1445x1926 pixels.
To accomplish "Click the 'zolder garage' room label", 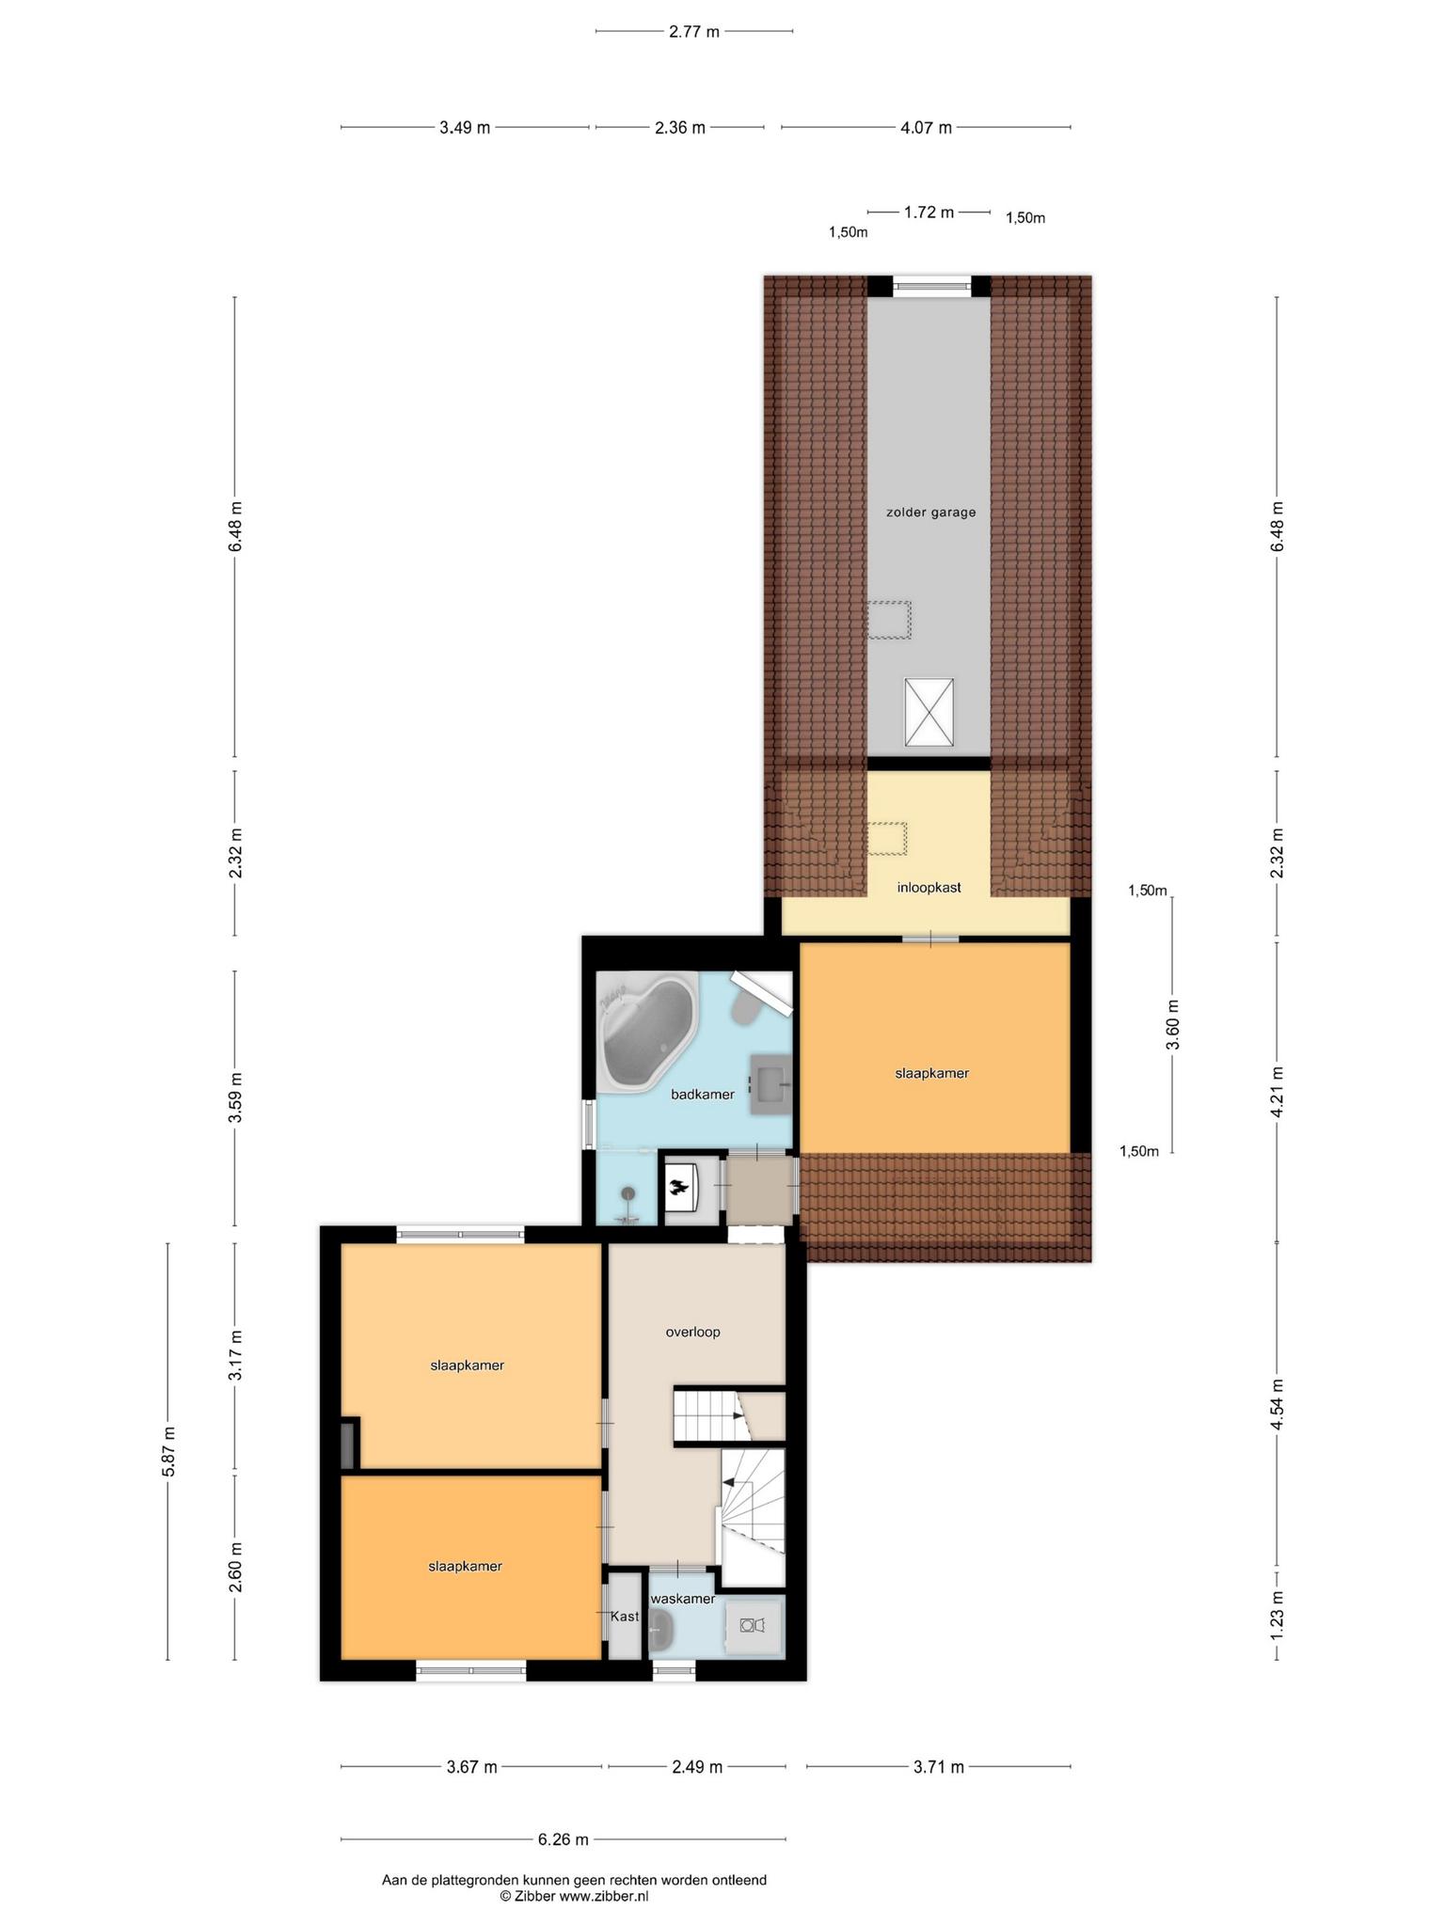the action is click(x=930, y=513).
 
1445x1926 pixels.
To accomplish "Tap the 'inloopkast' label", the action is click(x=929, y=887).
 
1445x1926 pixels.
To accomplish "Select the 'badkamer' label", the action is click(x=702, y=1095).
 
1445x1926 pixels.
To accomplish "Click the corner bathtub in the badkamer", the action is click(x=647, y=1034).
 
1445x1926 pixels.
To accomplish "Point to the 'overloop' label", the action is click(x=692, y=1332).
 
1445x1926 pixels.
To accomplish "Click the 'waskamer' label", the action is click(x=683, y=1599).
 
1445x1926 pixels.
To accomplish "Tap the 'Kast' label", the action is click(x=625, y=1617).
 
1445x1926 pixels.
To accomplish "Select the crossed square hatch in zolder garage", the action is click(x=929, y=712).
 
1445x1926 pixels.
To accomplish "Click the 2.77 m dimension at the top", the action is click(x=694, y=31).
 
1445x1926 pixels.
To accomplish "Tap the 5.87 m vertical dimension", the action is click(x=169, y=1452).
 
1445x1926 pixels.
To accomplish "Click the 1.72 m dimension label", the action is click(x=929, y=213).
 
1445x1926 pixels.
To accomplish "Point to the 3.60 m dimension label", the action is click(x=1172, y=1024).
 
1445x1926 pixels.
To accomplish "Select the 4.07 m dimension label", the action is click(x=926, y=128).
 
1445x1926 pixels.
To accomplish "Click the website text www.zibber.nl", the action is click(x=604, y=1897).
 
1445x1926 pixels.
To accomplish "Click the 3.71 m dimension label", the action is click(x=939, y=1767).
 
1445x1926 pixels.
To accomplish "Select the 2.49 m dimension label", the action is click(x=697, y=1767).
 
